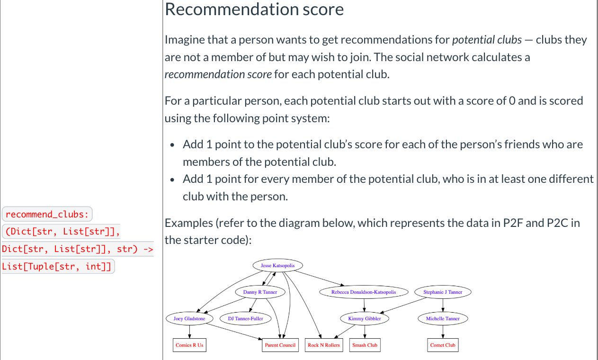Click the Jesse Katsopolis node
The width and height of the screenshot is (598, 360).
click(277, 266)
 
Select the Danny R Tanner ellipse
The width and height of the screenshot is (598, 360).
click(260, 292)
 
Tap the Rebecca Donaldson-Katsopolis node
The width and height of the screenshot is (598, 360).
click(363, 292)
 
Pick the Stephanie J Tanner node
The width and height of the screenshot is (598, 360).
click(442, 292)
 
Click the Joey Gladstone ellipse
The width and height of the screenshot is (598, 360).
click(189, 319)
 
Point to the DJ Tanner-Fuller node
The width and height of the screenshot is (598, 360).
click(245, 319)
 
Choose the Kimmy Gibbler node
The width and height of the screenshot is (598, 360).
click(364, 319)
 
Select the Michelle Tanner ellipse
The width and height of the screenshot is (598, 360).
click(443, 319)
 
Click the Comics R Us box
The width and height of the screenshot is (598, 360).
click(189, 345)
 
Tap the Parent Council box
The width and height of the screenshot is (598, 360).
click(280, 345)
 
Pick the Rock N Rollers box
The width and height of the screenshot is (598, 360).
click(323, 345)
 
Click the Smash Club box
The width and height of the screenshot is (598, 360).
click(365, 345)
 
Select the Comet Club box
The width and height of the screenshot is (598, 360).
click(443, 345)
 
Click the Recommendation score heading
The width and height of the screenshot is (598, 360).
click(254, 9)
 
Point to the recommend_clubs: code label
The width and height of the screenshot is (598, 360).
click(47, 215)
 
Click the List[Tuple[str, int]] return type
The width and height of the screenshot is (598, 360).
click(58, 267)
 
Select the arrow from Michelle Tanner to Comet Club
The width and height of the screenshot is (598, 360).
click(443, 332)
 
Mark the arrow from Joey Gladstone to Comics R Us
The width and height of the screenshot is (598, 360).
click(189, 332)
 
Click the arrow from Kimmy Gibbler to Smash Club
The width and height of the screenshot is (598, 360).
click(365, 332)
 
